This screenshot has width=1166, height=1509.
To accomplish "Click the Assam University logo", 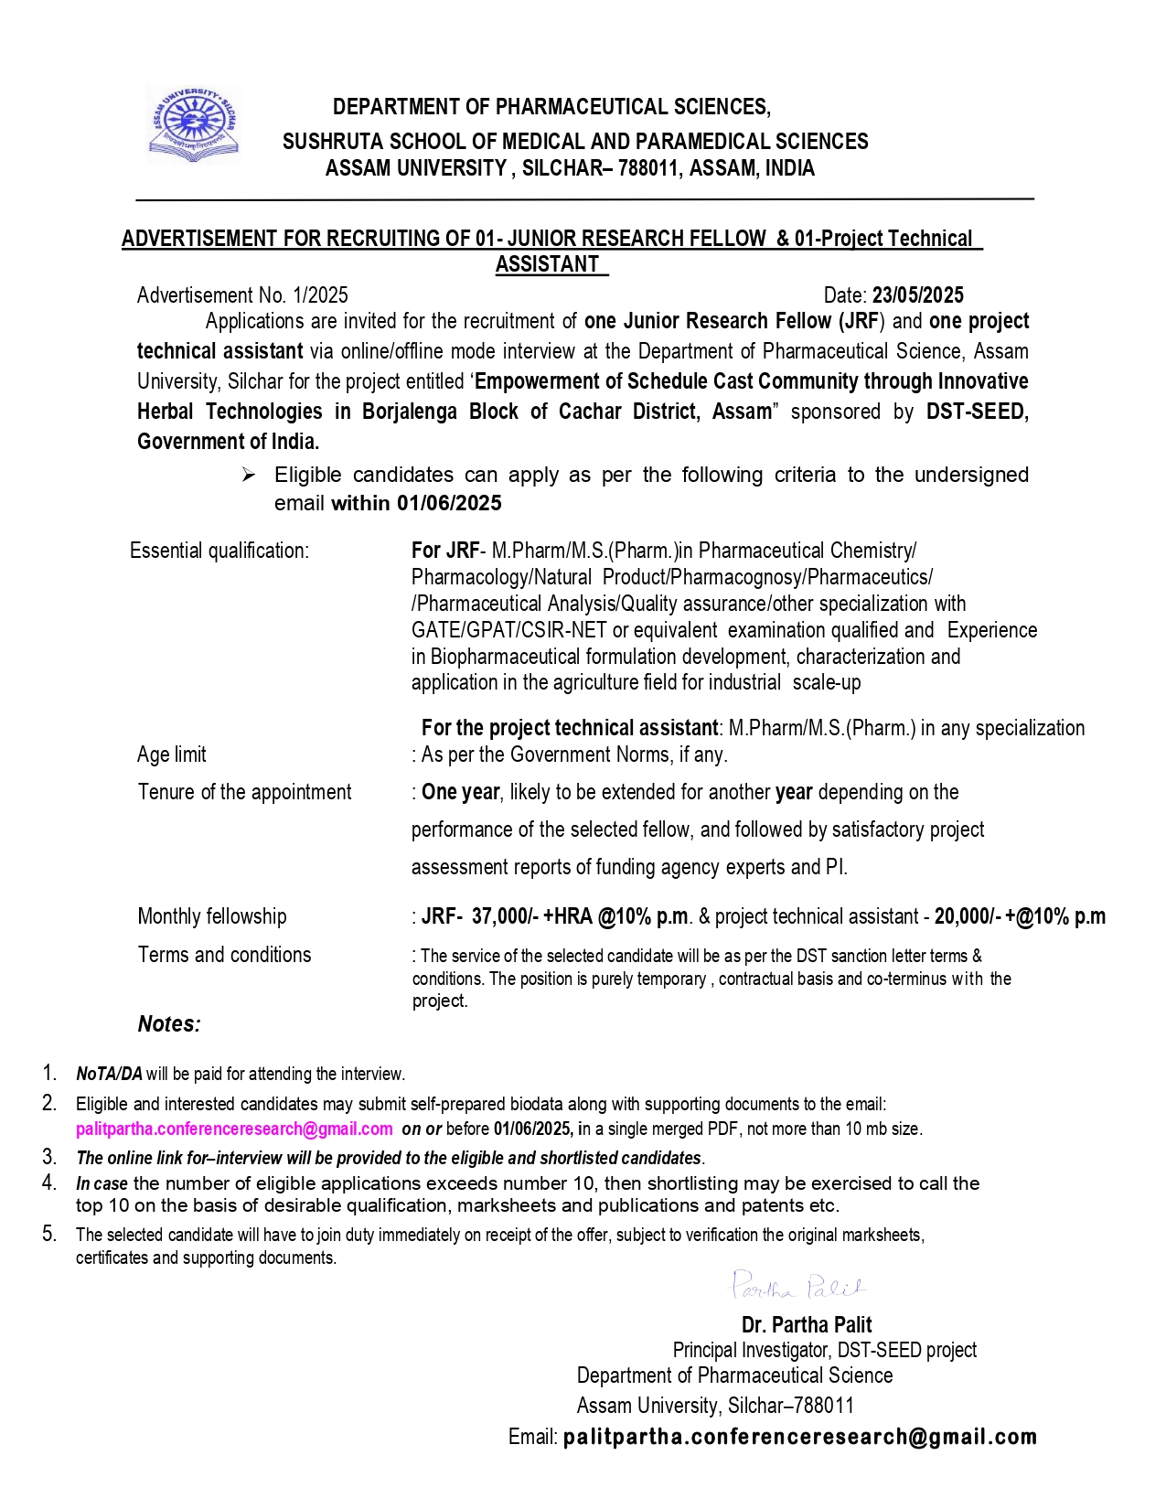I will coord(194,124).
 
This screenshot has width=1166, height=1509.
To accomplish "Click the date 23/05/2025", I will coord(917,294).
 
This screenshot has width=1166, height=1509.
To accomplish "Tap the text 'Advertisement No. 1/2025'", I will coord(242,294).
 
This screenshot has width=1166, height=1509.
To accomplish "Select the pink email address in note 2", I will coord(234,1129).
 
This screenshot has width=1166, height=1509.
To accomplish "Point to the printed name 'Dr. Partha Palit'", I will coord(806,1324).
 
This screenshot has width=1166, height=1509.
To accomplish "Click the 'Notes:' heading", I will coord(169,1023).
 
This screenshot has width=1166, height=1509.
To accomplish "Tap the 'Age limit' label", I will coord(172,754).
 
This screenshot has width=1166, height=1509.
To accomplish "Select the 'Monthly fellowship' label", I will coord(212,916).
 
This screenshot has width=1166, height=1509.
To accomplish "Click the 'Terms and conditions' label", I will coord(224,955).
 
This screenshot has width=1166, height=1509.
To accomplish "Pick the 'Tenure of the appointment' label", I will coord(244,792).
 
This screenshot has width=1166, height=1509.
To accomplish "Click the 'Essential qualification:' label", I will coord(219,551).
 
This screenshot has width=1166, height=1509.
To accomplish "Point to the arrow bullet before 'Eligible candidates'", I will coord(249,475).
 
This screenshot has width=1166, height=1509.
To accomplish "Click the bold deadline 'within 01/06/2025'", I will coord(416,503).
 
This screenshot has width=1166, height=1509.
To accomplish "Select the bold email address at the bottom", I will coord(800,1437).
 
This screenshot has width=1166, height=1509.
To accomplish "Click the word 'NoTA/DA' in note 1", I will coord(109,1074).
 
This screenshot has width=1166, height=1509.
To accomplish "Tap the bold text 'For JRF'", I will coord(444,551).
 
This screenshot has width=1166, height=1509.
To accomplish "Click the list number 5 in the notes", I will coord(49,1234).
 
